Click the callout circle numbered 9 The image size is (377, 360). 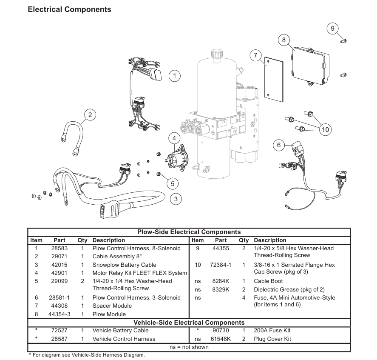click(x=332, y=29)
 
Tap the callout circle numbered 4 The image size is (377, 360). click(x=174, y=138)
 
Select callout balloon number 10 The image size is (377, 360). click(x=325, y=129)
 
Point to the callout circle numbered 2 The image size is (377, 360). click(x=90, y=115)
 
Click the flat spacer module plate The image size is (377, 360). click(x=274, y=78)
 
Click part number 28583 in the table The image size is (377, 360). click(x=60, y=249)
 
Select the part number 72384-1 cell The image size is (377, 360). click(x=221, y=265)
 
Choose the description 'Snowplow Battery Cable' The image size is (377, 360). click(x=124, y=265)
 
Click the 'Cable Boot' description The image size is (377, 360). click(x=268, y=281)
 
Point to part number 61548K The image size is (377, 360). click(x=221, y=339)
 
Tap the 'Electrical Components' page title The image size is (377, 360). click(x=69, y=9)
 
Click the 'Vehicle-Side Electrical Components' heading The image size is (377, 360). click(x=189, y=323)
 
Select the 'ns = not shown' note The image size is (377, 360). click(x=189, y=347)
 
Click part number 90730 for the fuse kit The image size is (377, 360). click(x=221, y=330)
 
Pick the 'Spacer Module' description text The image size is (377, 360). click(x=112, y=306)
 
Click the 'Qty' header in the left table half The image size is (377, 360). click(x=82, y=240)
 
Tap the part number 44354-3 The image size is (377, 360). click(x=60, y=314)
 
